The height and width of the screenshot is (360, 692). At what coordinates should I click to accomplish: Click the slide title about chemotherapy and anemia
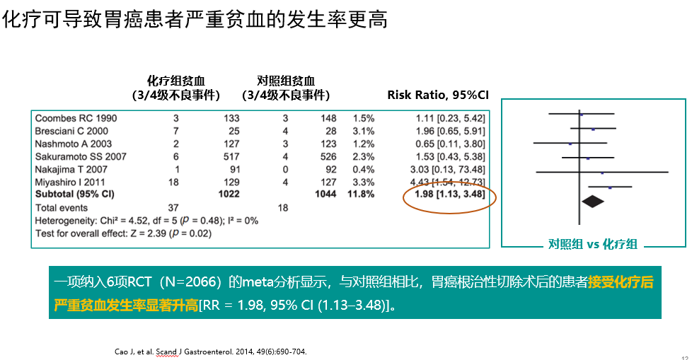(x=196, y=19)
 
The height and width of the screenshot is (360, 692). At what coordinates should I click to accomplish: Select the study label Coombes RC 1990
(x=76, y=117)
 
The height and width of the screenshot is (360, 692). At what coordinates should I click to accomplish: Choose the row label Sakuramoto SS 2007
(x=81, y=156)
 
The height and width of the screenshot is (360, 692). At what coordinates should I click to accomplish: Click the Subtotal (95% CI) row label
(x=75, y=194)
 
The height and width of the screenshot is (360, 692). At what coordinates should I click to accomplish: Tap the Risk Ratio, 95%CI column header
(x=438, y=95)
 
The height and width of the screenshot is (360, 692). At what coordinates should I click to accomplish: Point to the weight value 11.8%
(x=359, y=194)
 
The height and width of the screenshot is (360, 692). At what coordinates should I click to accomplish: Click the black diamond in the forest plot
(x=593, y=202)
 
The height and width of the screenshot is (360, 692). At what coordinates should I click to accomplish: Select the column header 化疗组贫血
(x=176, y=81)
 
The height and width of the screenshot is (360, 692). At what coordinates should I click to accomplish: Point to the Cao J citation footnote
(x=210, y=352)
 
